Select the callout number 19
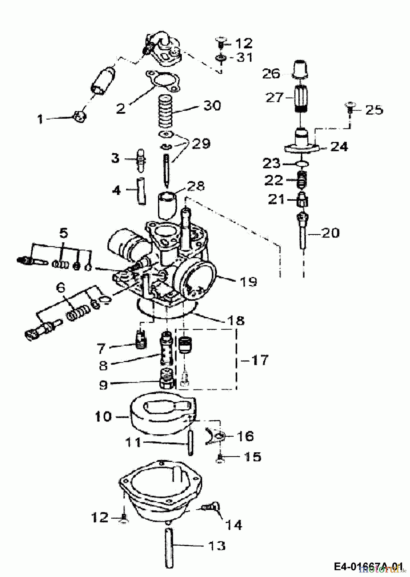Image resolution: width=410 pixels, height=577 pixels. (247, 282)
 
